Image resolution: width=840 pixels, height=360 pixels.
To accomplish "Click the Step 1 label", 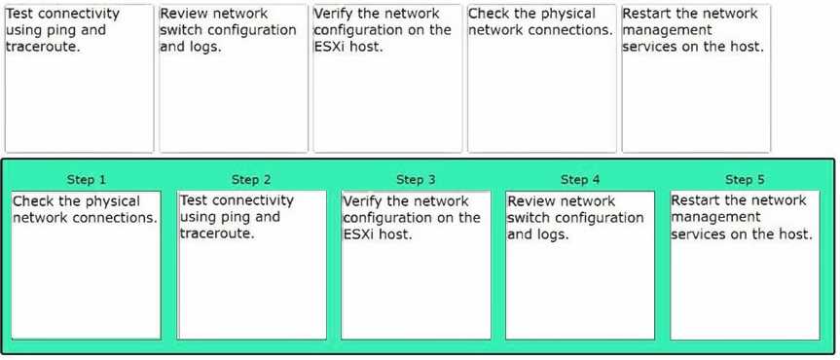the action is coord(87,179).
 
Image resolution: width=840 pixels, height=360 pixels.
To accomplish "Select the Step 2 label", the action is coord(251,179).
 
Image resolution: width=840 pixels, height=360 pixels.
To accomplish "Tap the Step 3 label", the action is coord(416,179).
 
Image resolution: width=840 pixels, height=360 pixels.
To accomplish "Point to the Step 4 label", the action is coord(580,179).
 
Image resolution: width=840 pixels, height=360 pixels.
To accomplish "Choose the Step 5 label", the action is coord(745,179).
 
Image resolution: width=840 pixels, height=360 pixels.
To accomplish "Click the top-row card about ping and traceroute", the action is coord(79,78).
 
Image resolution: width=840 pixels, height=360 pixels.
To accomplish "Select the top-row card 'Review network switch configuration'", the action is coord(234,78).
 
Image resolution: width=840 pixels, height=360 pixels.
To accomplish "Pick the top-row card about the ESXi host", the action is coord(387,78).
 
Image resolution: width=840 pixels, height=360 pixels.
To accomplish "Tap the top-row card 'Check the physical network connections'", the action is coord(542,78).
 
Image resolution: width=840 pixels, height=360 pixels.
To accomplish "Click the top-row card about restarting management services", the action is coord(696,78).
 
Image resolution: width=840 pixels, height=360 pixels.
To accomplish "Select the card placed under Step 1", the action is coord(87,266).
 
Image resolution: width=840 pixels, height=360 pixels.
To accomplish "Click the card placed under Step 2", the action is coord(252,266).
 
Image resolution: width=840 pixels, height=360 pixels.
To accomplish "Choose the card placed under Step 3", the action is coord(417,266).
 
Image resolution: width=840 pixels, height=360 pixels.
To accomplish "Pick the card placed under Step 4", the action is coord(580,266).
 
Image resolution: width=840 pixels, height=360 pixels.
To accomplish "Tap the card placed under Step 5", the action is coord(746,266).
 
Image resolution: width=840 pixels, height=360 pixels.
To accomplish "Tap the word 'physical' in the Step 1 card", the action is coord(113,202).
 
